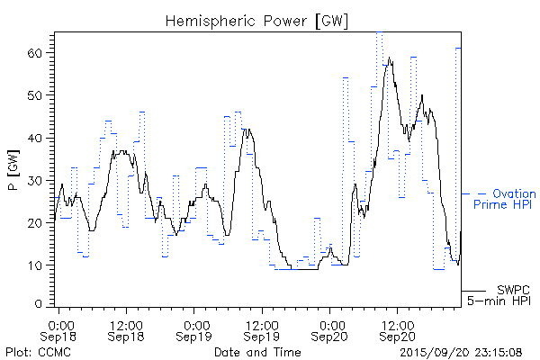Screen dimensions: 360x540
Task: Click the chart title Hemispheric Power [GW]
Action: click(x=256, y=20)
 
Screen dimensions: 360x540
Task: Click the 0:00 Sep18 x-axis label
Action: click(x=60, y=329)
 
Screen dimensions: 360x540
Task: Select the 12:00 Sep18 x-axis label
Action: click(x=127, y=329)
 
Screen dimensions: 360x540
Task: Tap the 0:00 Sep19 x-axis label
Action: click(x=195, y=329)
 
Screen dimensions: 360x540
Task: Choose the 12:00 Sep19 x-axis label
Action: click(x=262, y=329)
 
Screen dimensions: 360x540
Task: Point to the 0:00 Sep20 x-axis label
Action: click(x=330, y=329)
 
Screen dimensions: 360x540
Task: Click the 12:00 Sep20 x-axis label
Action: click(x=397, y=329)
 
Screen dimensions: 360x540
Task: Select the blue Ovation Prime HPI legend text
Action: click(x=504, y=199)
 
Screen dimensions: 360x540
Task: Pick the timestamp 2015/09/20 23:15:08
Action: click(x=462, y=350)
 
